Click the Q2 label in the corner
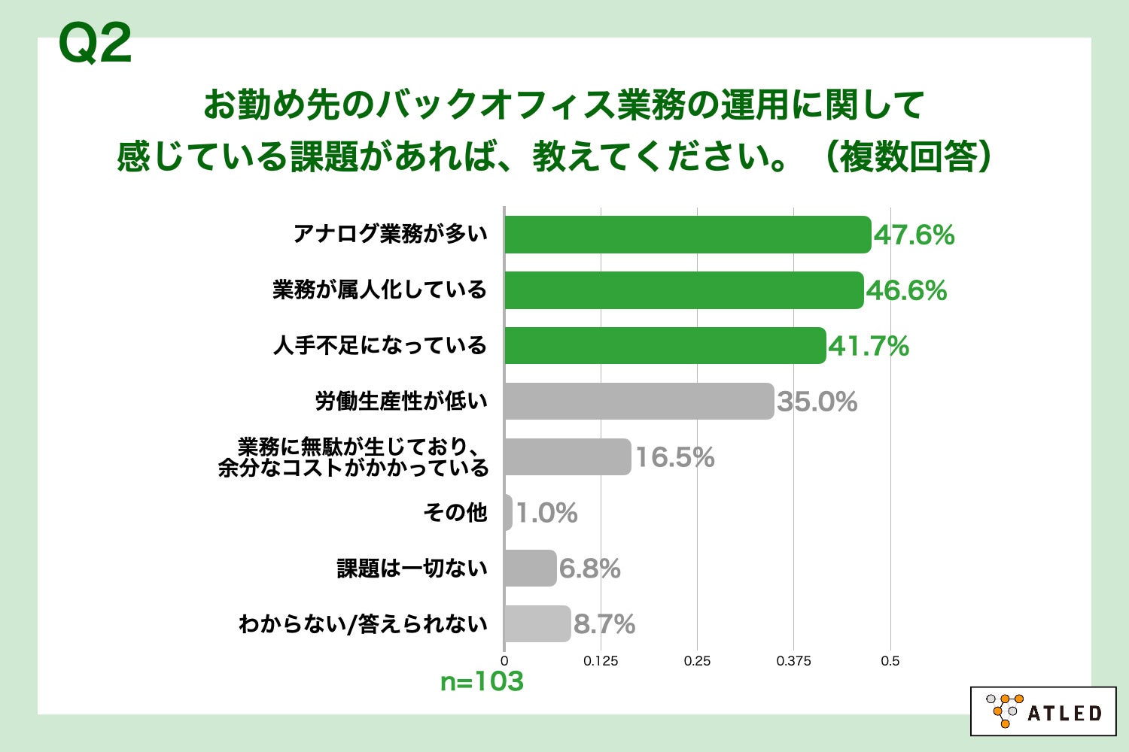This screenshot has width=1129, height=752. coord(95,44)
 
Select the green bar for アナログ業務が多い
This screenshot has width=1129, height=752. coord(687,235)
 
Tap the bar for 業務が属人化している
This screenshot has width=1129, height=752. coord(683,290)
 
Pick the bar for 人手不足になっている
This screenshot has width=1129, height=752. coord(665,346)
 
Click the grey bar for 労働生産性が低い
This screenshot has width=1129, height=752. coord(639,402)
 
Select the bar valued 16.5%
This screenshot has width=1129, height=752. coord(568,457)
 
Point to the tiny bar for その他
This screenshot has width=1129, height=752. coord(509,513)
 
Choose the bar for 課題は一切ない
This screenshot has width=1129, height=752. coord(531,569)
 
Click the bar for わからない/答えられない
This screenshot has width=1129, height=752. coord(537,624)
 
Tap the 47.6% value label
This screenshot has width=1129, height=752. coord(914,235)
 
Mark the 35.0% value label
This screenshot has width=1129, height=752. coord(817,402)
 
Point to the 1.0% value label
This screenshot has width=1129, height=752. coord(547,514)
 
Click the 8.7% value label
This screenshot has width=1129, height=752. coord(604,625)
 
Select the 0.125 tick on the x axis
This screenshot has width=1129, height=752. coord(601,661)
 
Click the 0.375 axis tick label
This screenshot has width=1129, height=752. coord(793,661)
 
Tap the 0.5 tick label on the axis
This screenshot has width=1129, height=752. coord(890,661)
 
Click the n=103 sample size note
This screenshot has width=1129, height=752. coord(482,682)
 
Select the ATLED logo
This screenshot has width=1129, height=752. coord(1043,711)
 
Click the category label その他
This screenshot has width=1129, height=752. coord(455,513)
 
